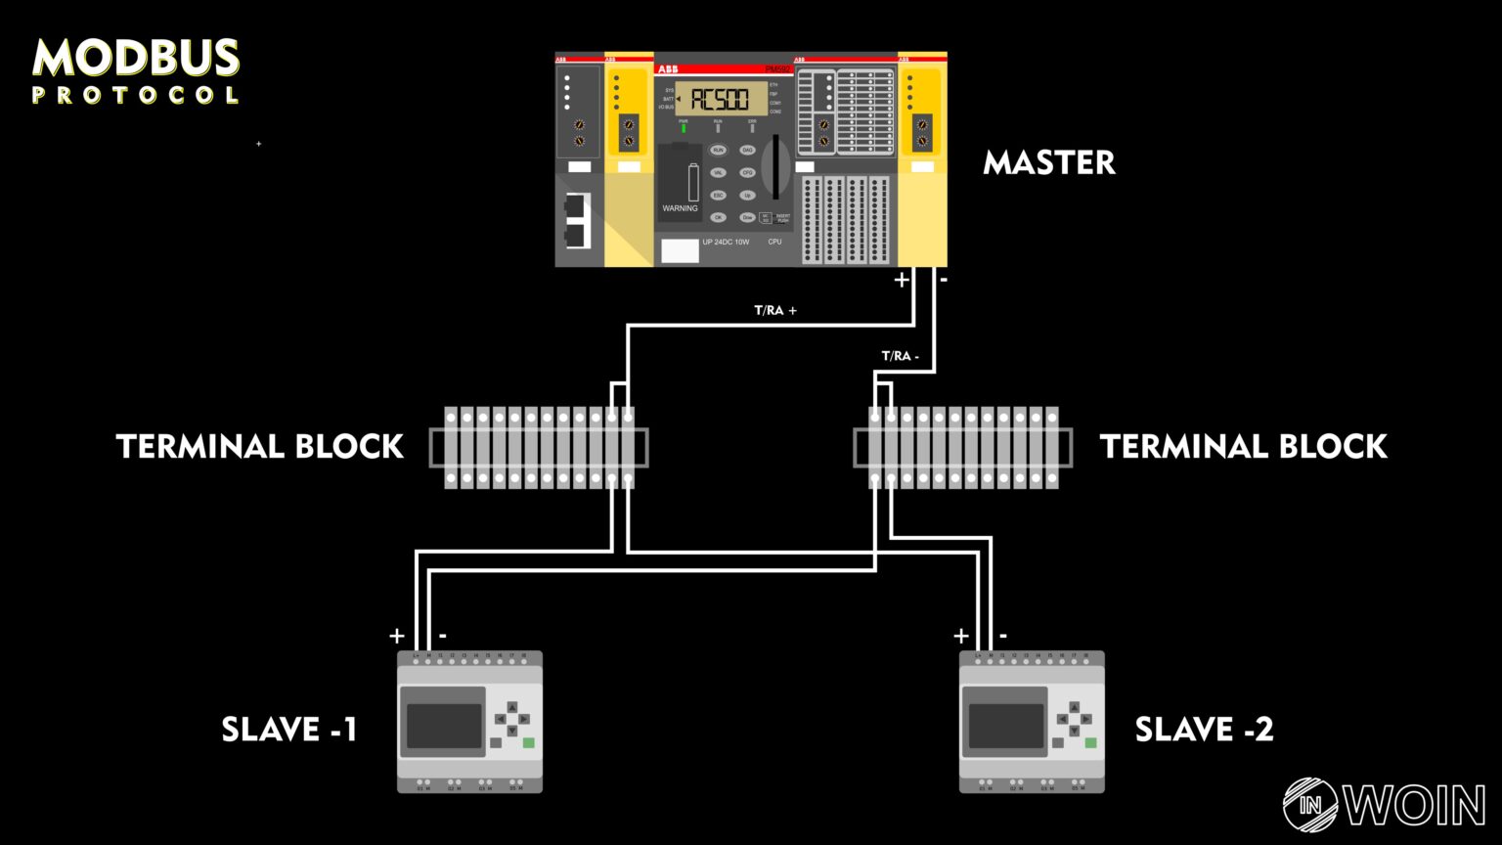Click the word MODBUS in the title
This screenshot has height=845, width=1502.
pos(136,59)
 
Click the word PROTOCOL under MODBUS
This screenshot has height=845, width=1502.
pos(136,96)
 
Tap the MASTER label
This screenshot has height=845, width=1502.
pos(1048,162)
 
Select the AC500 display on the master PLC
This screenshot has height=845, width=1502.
pos(720,99)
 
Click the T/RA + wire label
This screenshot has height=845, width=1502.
pos(774,310)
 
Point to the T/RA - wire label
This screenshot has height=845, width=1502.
pos(900,356)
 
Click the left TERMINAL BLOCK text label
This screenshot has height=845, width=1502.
pos(260,447)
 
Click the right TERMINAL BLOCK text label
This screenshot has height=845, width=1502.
pos(1243,447)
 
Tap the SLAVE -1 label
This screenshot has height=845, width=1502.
pos(289,730)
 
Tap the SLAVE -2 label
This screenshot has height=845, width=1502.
pos(1204,730)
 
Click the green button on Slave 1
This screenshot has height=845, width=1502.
pos(529,743)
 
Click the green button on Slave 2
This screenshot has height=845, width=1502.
pos(1090,743)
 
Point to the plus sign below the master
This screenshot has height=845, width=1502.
pos(902,280)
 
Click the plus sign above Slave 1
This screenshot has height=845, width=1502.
pos(397,636)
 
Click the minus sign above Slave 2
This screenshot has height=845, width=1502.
pos(1003,636)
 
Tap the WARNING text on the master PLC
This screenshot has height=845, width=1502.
pos(680,208)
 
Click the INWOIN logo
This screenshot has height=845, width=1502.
pos(1383,805)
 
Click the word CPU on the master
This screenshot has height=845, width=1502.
pos(774,242)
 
